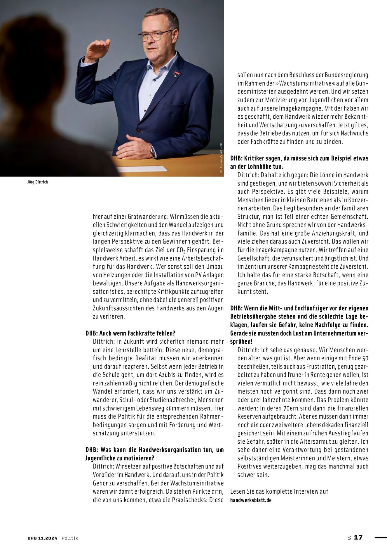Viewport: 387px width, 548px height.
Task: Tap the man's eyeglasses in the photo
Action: (154, 36)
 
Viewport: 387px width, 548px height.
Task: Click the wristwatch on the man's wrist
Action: (153, 151)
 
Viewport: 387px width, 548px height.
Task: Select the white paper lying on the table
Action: (142, 169)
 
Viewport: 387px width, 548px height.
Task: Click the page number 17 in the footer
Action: (358, 537)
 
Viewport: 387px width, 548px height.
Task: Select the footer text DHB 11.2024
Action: (43, 538)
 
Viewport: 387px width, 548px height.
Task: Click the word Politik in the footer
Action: (70, 538)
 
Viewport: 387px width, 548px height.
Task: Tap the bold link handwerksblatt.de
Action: (251, 500)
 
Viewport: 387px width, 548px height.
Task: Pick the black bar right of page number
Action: (380, 537)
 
